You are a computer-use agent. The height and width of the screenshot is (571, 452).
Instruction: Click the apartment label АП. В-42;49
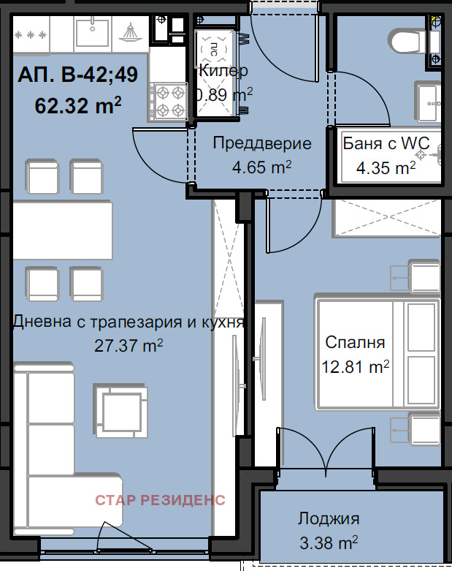pos(78,75)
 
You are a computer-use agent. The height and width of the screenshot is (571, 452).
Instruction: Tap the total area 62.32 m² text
pos(78,105)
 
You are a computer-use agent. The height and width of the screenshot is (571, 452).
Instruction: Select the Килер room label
pos(223,70)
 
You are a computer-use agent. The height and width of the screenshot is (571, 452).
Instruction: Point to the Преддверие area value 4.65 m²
pos(262,167)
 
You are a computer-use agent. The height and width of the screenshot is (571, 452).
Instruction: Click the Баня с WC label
pos(386,143)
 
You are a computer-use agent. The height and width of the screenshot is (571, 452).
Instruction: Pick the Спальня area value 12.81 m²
pos(356,366)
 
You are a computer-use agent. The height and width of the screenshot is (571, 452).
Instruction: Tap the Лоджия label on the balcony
pos(329,518)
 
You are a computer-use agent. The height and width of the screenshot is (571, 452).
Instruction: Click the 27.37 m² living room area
pos(129,345)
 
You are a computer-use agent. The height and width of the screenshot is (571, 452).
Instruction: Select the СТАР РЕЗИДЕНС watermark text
pos(161,500)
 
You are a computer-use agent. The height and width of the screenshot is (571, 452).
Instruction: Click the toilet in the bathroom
pos(407,41)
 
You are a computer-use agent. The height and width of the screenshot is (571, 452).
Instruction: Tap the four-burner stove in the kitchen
pos(169,102)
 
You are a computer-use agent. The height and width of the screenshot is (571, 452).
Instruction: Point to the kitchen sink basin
pos(92,33)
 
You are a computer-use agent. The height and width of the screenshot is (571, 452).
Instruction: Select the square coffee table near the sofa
pos(121,410)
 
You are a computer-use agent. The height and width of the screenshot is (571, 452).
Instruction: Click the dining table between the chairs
pos(63,230)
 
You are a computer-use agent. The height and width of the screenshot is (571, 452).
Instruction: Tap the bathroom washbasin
pos(429,102)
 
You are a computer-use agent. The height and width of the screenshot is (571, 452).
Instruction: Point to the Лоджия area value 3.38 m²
pos(329,542)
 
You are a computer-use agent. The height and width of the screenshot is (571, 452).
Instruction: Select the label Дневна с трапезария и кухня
pos(129,322)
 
